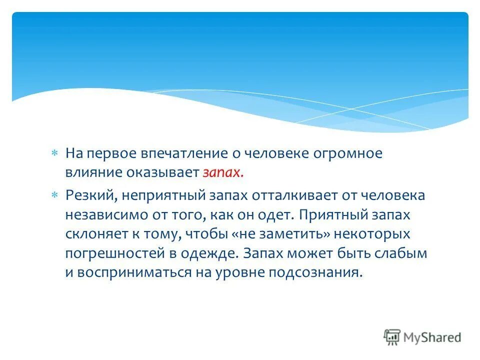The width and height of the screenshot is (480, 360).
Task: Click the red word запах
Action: [223, 173]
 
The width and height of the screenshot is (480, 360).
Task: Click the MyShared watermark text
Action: [432, 337]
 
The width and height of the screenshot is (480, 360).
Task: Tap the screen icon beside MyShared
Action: [392, 337]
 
